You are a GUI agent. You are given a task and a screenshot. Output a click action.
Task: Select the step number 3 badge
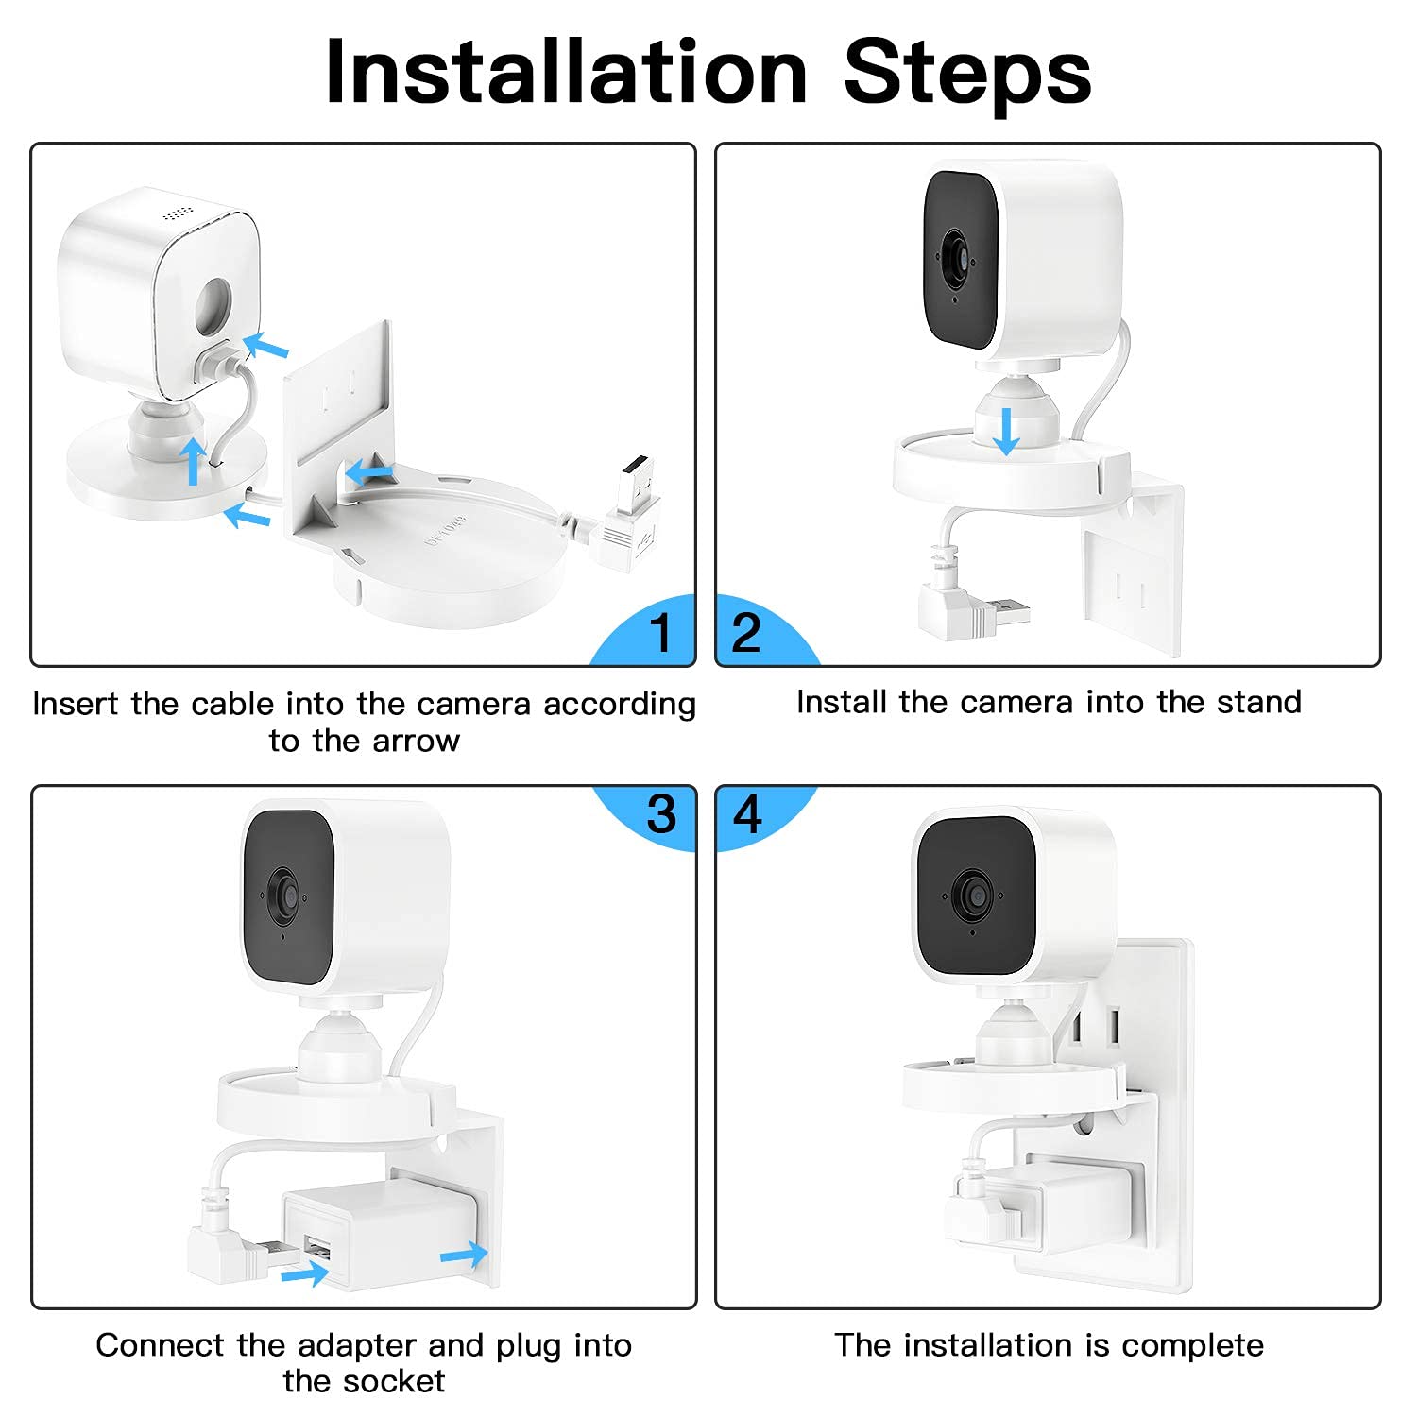[660, 813]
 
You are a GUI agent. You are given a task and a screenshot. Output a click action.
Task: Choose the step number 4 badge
[747, 813]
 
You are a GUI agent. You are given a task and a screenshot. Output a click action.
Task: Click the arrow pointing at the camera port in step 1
[265, 347]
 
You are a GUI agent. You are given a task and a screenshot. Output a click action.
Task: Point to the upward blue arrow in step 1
[193, 460]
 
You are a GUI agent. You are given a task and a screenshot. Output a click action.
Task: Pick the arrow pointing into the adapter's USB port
[304, 1274]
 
